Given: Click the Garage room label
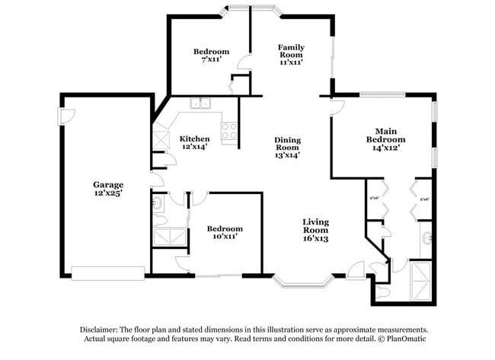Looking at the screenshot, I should coord(108,184).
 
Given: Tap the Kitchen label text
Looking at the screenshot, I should coord(194,139).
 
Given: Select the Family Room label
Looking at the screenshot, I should coord(291,51).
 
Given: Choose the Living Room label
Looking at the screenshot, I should coord(315,225).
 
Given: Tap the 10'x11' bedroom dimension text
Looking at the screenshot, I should coord(225,237).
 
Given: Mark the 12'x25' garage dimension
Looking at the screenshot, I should coord(108,193).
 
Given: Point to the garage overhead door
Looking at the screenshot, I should coord(107,272).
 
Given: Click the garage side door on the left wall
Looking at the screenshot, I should coord(65,116).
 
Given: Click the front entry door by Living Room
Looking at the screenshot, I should coord(356,269).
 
